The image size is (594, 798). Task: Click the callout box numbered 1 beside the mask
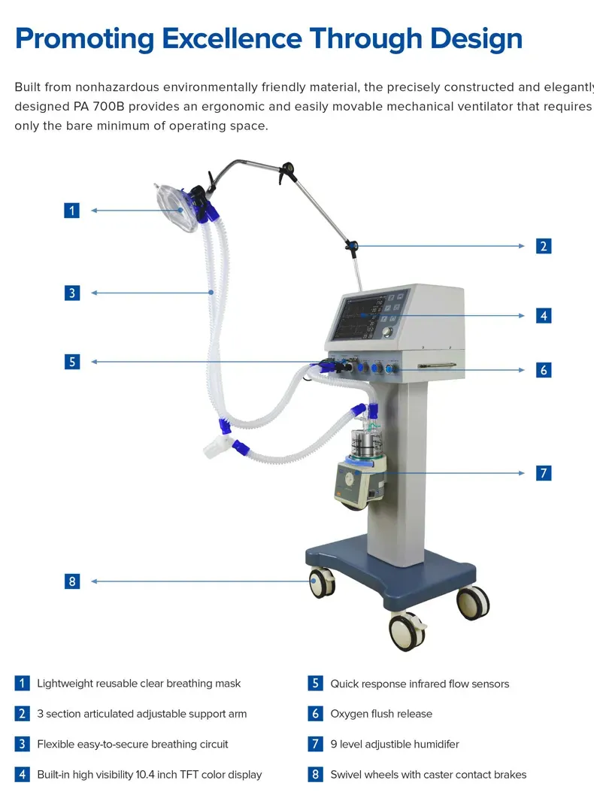[72, 211]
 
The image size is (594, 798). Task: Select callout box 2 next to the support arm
[544, 246]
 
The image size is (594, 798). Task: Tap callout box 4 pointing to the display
[544, 316]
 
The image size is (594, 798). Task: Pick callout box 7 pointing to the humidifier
[544, 473]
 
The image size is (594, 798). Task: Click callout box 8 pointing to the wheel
[72, 581]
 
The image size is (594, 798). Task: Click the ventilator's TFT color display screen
[361, 317]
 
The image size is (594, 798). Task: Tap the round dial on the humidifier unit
[350, 478]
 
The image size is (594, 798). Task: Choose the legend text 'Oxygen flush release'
[381, 714]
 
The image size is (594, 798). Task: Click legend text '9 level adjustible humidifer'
[395, 744]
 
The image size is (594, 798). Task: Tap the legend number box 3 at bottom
[23, 744]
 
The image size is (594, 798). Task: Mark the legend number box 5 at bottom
[316, 684]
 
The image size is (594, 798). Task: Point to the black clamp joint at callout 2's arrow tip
[351, 245]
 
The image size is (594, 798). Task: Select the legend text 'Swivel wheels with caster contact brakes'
[429, 774]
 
